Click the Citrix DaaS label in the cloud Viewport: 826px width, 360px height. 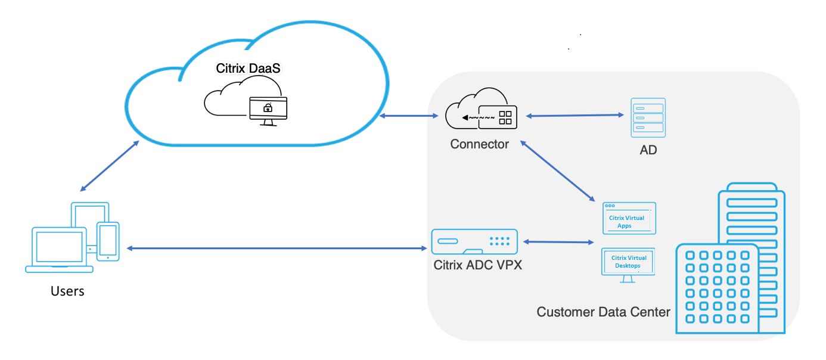[248, 68]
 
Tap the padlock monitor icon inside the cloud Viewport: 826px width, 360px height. [268, 110]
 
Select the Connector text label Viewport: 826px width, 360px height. [480, 144]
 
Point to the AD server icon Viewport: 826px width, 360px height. [648, 118]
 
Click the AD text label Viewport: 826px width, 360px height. [648, 150]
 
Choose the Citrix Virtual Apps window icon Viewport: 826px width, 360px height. [629, 218]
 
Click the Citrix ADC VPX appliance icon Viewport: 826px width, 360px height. [474, 242]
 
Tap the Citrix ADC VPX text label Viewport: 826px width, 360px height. [477, 265]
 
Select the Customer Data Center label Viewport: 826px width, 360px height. [603, 312]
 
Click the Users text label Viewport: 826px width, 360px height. [67, 291]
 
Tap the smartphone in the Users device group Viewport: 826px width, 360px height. [108, 241]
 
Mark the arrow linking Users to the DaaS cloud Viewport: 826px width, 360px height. [110, 167]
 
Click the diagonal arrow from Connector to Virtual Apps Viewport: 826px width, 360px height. [558, 171]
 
